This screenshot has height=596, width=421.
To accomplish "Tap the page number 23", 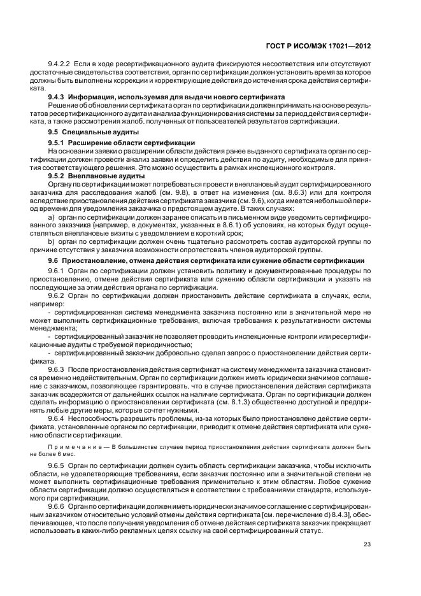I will click(367, 543).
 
